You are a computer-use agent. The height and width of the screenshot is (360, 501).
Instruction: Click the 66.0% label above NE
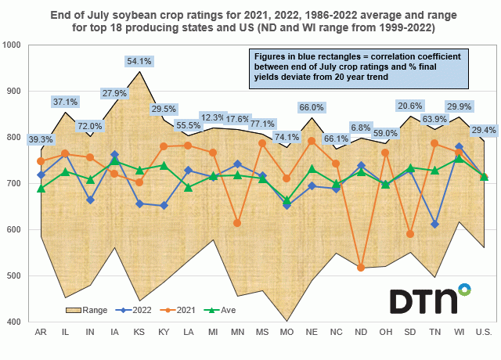pos(312,107)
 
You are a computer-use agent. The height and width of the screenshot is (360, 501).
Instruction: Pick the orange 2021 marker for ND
pos(361,268)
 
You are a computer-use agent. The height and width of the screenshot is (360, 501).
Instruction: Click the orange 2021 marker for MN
pos(238,223)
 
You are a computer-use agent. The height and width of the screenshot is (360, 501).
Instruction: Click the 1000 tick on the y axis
pos(14,45)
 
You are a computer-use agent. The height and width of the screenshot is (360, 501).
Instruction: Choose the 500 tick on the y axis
pos(16,275)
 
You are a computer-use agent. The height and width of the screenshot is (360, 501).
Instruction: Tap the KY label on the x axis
pos(164,333)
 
